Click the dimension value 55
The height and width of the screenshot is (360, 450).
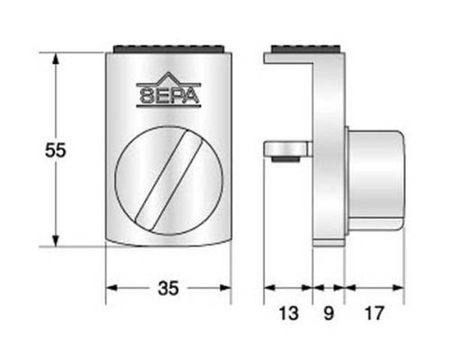click(x=55, y=150)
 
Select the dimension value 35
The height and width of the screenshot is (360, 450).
click(x=168, y=288)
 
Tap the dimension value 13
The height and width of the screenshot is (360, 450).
click(x=289, y=313)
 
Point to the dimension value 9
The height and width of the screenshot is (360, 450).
click(x=328, y=313)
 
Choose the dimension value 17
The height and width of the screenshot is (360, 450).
click(x=374, y=313)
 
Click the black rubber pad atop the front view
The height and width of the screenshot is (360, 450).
click(x=169, y=49)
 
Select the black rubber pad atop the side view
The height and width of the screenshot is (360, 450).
click(x=305, y=49)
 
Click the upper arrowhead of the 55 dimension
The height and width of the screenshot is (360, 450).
click(x=55, y=58)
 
